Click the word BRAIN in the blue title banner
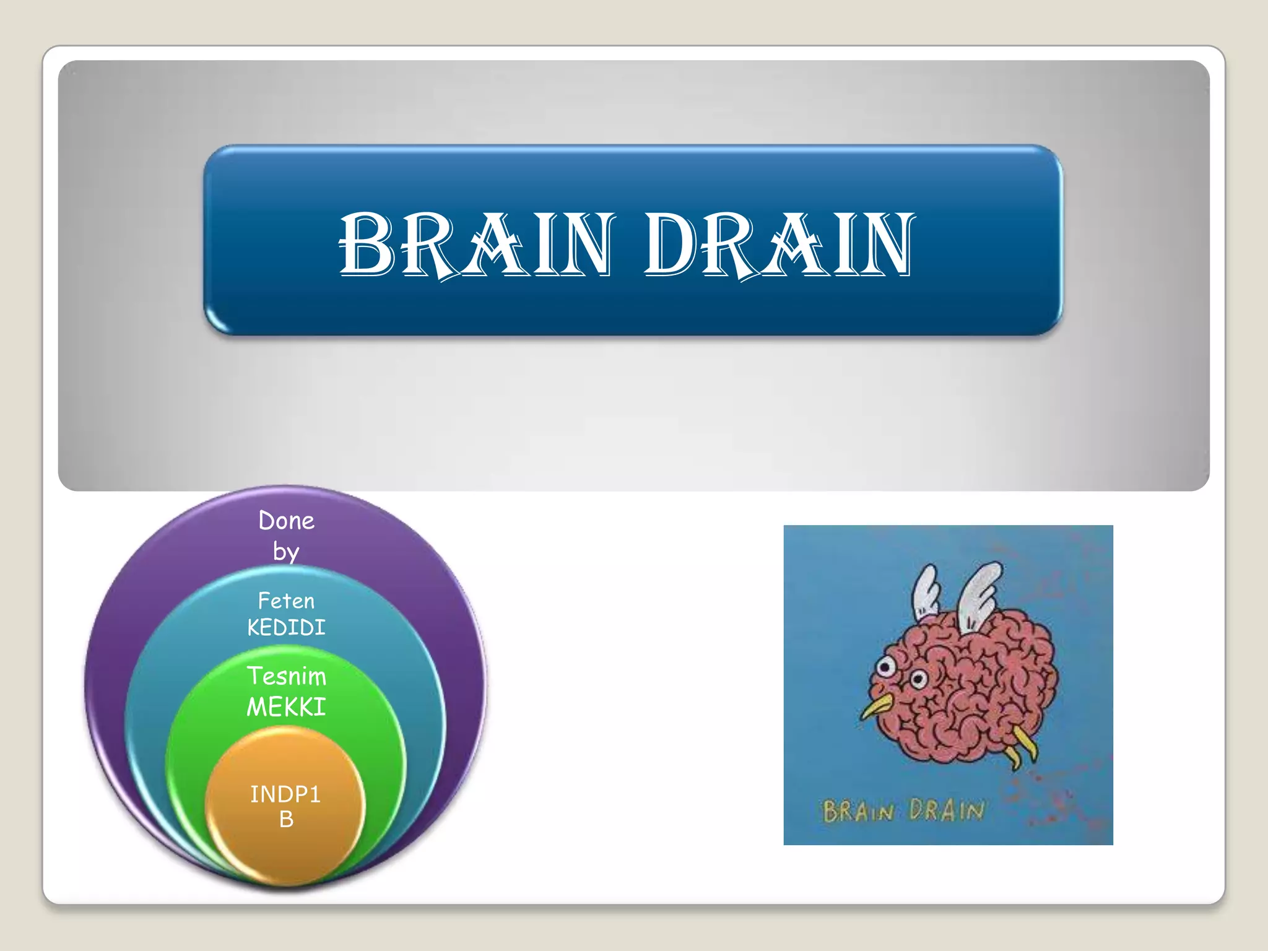[477, 244]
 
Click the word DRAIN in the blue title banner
[779, 244]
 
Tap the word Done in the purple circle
[286, 521]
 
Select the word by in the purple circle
[286, 551]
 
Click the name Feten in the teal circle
[286, 601]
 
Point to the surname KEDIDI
[286, 628]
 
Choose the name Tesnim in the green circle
[286, 676]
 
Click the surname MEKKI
[286, 706]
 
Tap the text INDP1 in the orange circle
[285, 794]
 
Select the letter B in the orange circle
[286, 820]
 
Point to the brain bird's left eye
[886, 667]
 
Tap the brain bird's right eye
[918, 679]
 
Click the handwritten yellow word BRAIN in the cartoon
[858, 810]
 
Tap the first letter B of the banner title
[367, 244]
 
